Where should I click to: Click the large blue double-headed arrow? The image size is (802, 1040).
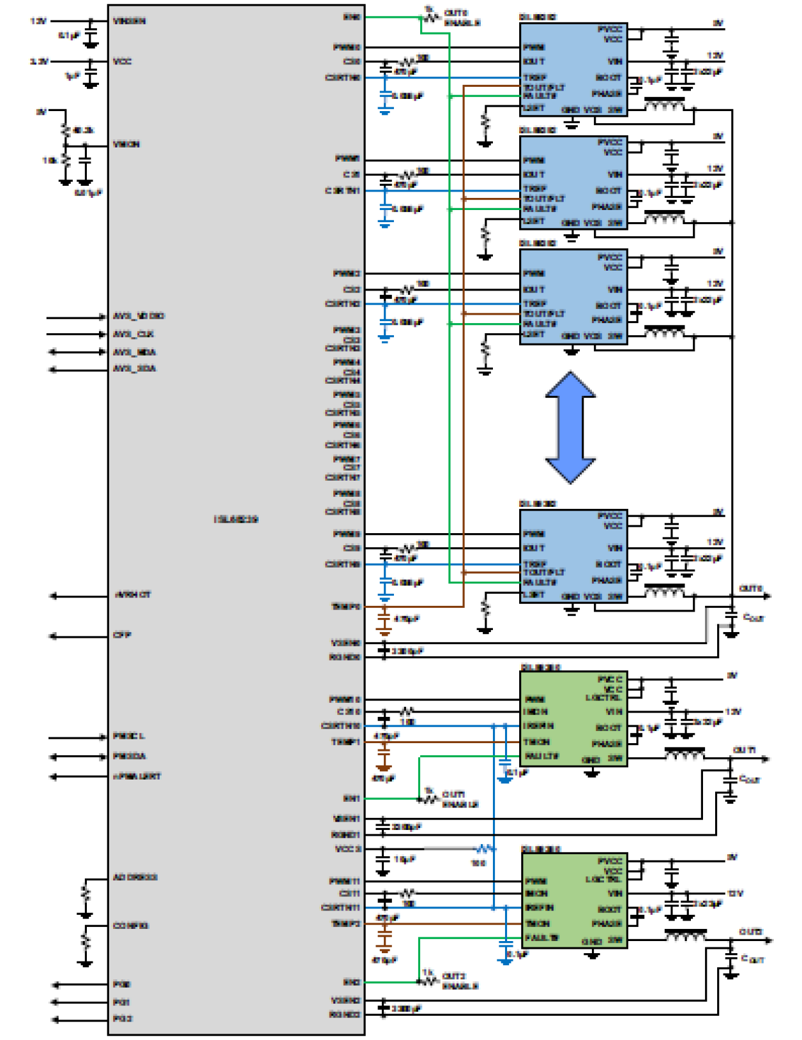(x=570, y=427)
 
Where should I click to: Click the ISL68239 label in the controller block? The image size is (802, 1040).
(x=236, y=519)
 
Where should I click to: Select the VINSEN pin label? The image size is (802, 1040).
(x=129, y=21)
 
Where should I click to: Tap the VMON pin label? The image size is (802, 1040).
(x=126, y=144)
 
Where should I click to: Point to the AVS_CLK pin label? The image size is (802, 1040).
(x=133, y=334)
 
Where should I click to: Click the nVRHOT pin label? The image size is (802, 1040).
(x=132, y=595)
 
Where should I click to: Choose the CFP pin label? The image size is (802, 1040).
(x=122, y=635)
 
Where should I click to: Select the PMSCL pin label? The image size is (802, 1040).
(x=129, y=736)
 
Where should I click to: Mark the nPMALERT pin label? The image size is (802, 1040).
(x=137, y=776)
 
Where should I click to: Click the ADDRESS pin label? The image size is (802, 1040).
(x=135, y=877)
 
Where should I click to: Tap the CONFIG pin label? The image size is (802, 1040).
(x=131, y=926)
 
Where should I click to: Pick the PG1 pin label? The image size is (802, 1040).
(x=122, y=1002)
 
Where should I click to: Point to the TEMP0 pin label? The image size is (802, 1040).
(x=345, y=607)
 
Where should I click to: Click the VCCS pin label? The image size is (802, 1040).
(x=348, y=848)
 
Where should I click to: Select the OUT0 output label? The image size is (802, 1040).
(x=750, y=588)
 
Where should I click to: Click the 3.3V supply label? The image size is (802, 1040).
(x=39, y=61)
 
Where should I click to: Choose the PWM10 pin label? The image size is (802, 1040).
(x=345, y=700)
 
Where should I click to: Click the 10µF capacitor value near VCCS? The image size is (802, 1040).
(x=405, y=859)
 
